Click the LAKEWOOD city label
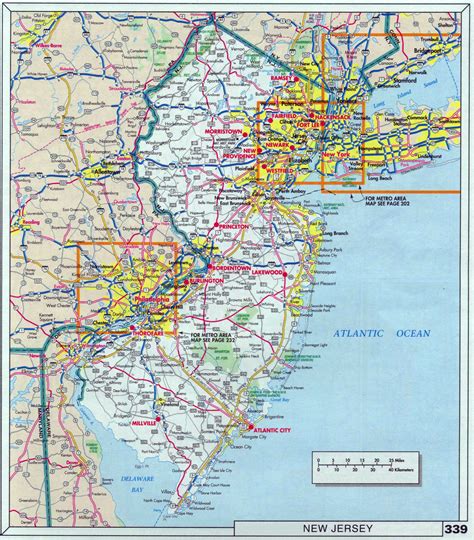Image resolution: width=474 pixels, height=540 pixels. click(x=265, y=272)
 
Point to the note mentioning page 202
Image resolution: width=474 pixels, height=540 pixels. click(x=381, y=203)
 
